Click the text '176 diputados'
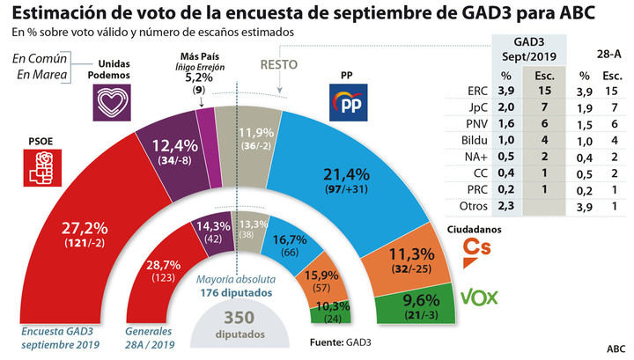point(231,294)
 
